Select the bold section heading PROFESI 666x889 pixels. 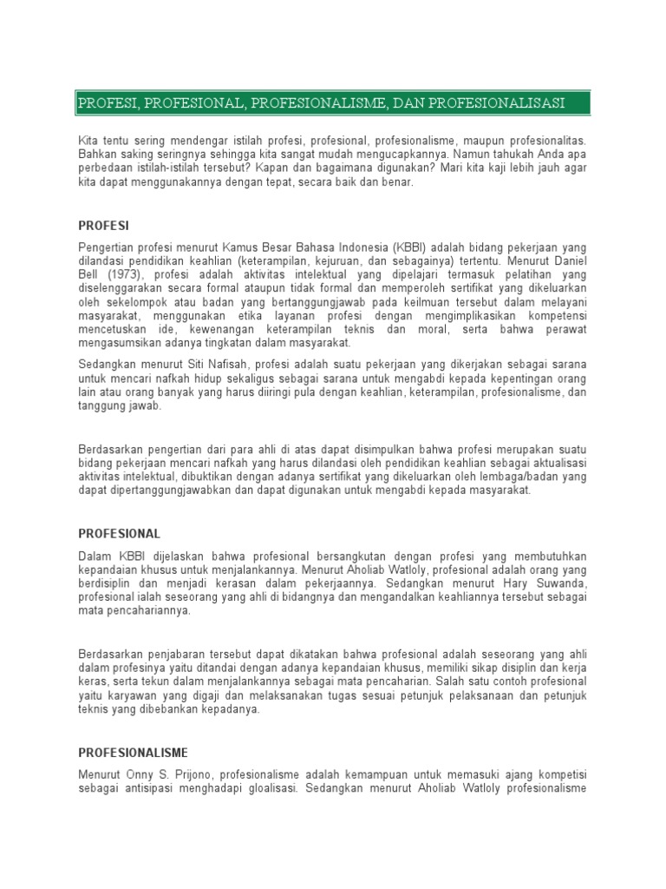pyautogui.click(x=103, y=226)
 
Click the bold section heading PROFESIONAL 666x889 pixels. pyautogui.click(x=120, y=533)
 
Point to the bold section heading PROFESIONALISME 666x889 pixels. pyautogui.click(x=133, y=752)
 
